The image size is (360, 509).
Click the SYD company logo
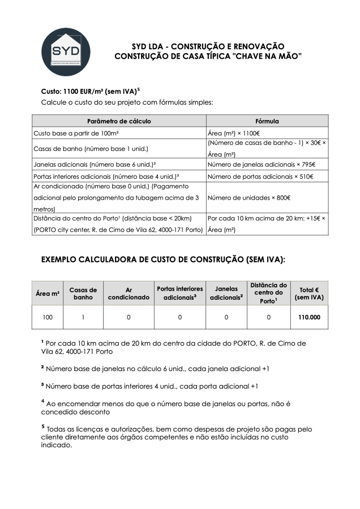click(x=66, y=51)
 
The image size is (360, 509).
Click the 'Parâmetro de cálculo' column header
click(x=119, y=121)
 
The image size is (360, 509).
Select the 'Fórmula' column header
click(x=267, y=121)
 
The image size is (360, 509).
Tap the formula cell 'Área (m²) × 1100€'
click(x=234, y=133)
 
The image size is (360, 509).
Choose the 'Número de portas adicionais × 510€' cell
click(x=260, y=176)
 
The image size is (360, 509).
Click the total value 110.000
click(x=309, y=317)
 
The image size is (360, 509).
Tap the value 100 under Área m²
click(x=48, y=317)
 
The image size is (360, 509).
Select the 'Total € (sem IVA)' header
click(x=309, y=294)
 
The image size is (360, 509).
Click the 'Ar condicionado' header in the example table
click(x=128, y=294)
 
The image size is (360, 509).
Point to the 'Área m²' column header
click(x=48, y=294)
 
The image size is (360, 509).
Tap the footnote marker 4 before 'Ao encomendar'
click(x=43, y=401)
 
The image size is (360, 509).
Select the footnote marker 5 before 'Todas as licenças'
click(x=43, y=427)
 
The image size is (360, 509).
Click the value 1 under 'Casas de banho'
click(x=83, y=317)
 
